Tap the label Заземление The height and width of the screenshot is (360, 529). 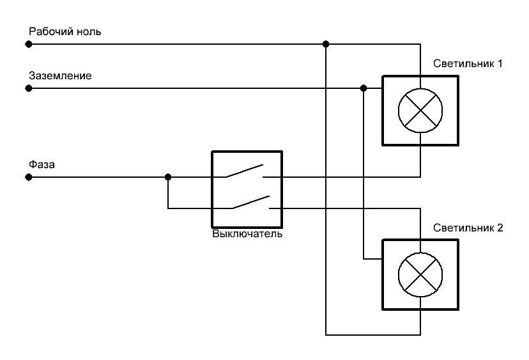[x=59, y=75]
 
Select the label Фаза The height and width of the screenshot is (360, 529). [x=42, y=164]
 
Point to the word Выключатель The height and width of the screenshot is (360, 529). [x=247, y=233]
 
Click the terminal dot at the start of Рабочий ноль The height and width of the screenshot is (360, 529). [x=28, y=44]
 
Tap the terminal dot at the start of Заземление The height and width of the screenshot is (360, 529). [x=28, y=88]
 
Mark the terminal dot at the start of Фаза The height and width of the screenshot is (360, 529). [x=28, y=177]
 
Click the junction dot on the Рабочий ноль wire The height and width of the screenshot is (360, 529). [x=326, y=44]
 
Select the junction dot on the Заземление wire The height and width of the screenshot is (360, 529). [x=364, y=88]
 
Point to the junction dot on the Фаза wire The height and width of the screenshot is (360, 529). [x=168, y=177]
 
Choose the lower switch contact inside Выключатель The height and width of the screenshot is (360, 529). [x=250, y=203]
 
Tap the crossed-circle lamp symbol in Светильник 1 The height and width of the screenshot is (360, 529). [x=420, y=110]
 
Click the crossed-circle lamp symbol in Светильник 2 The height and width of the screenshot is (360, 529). [x=420, y=274]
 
